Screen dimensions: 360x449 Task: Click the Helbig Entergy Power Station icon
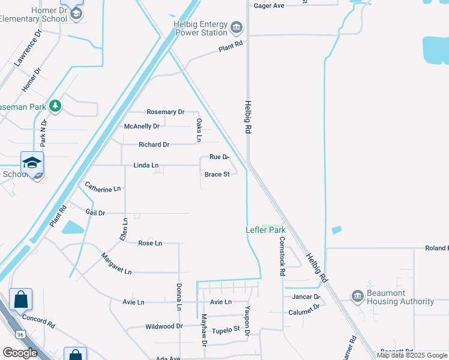pyautogui.click(x=237, y=27)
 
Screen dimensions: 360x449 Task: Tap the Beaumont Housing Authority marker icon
pyautogui.click(x=358, y=296)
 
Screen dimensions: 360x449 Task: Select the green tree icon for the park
pyautogui.click(x=55, y=106)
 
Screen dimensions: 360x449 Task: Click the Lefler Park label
pyautogui.click(x=265, y=230)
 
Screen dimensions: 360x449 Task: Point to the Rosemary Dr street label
pyautogui.click(x=165, y=112)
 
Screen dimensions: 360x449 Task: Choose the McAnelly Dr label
pyautogui.click(x=142, y=127)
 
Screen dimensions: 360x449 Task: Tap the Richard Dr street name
pyautogui.click(x=154, y=145)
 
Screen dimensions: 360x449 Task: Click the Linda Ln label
pyautogui.click(x=146, y=165)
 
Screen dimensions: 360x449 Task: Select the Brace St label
pyautogui.click(x=217, y=175)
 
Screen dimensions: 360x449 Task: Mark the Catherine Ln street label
pyautogui.click(x=103, y=188)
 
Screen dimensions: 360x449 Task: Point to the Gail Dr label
pyautogui.click(x=95, y=212)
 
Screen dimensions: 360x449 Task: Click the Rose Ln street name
pyautogui.click(x=150, y=243)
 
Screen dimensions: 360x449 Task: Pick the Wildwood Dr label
pyautogui.click(x=164, y=326)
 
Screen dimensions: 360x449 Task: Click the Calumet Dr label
pyautogui.click(x=304, y=311)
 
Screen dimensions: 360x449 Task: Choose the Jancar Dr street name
pyautogui.click(x=306, y=296)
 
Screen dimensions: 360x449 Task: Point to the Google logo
pyautogui.click(x=20, y=353)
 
